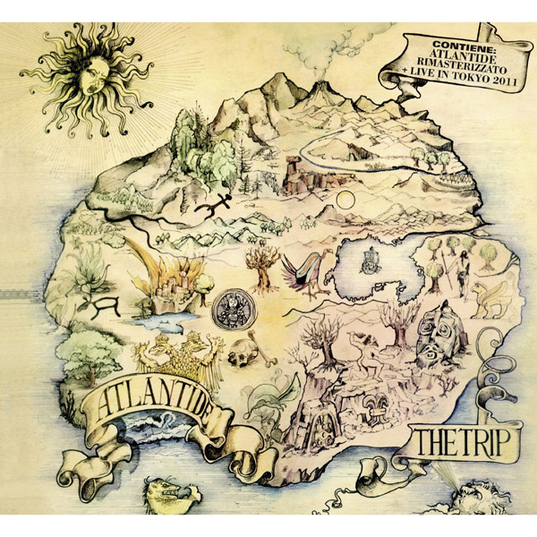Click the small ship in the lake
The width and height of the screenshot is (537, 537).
click(x=368, y=260)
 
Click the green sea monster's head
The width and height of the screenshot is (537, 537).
click(x=175, y=493)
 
